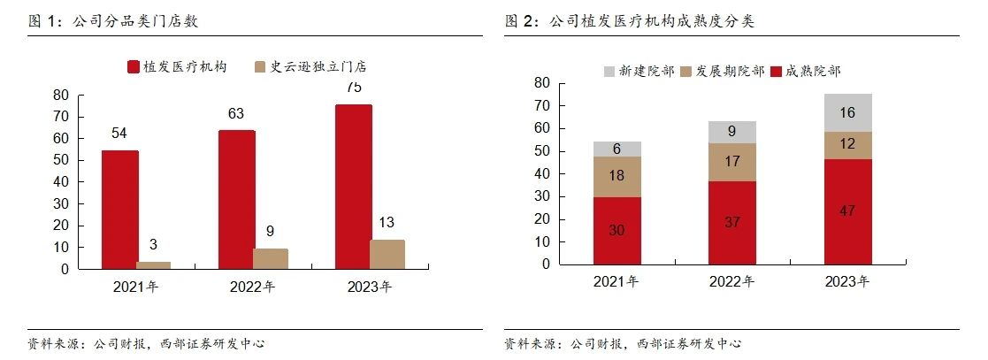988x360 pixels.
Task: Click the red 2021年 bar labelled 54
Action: [x=119, y=210]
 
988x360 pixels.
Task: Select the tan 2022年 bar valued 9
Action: [x=271, y=258]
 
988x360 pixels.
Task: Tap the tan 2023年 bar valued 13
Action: [x=387, y=254]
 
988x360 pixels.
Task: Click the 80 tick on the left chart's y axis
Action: [x=61, y=95]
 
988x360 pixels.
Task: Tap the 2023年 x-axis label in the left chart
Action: [x=369, y=287]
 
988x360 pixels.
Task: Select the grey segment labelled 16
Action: [x=846, y=113]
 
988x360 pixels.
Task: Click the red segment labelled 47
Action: [x=846, y=211]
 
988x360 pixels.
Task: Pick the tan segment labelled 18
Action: [x=616, y=177]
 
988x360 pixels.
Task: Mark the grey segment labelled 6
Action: [x=616, y=149]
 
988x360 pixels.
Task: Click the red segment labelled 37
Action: [x=731, y=223]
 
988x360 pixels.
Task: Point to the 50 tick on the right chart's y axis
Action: [x=541, y=151]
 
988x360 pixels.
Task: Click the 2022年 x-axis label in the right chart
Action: [x=731, y=282]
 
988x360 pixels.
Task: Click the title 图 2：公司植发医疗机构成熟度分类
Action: [x=630, y=19]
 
